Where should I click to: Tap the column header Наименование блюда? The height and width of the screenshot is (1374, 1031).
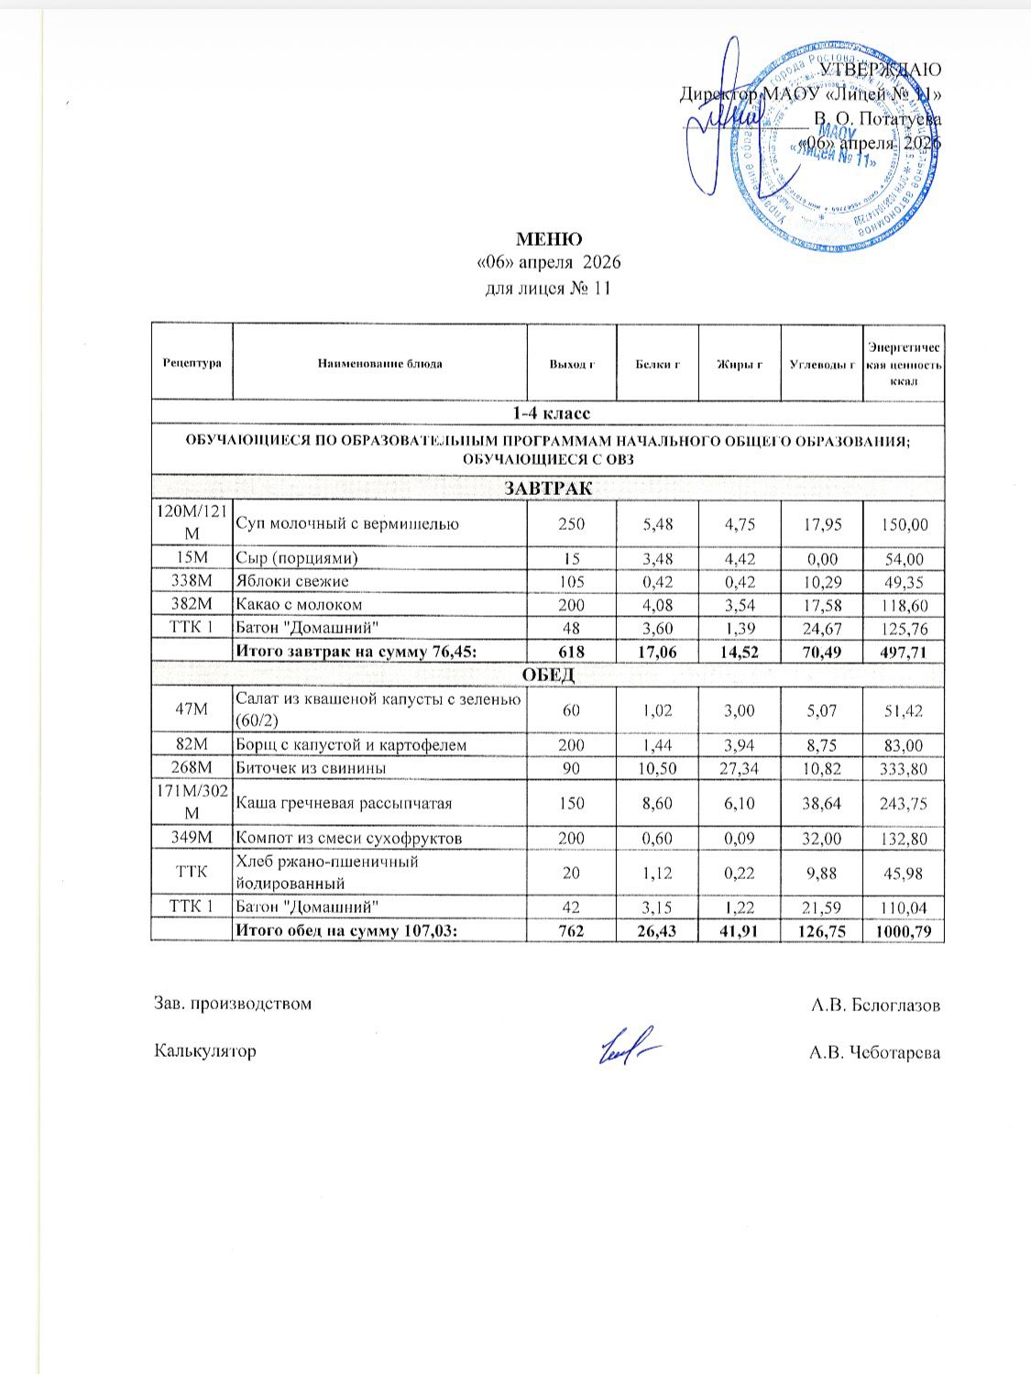click(379, 363)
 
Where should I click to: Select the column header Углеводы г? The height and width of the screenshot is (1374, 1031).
click(822, 363)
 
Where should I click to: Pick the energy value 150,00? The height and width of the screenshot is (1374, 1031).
click(904, 524)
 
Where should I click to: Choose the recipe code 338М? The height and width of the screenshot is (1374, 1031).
click(192, 581)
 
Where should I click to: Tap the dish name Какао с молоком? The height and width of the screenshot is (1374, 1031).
click(300, 604)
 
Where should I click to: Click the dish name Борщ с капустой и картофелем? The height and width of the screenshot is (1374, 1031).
click(351, 745)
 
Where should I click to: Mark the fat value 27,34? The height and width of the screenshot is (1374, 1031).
click(739, 768)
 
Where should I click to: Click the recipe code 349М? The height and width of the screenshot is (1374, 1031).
click(192, 838)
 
